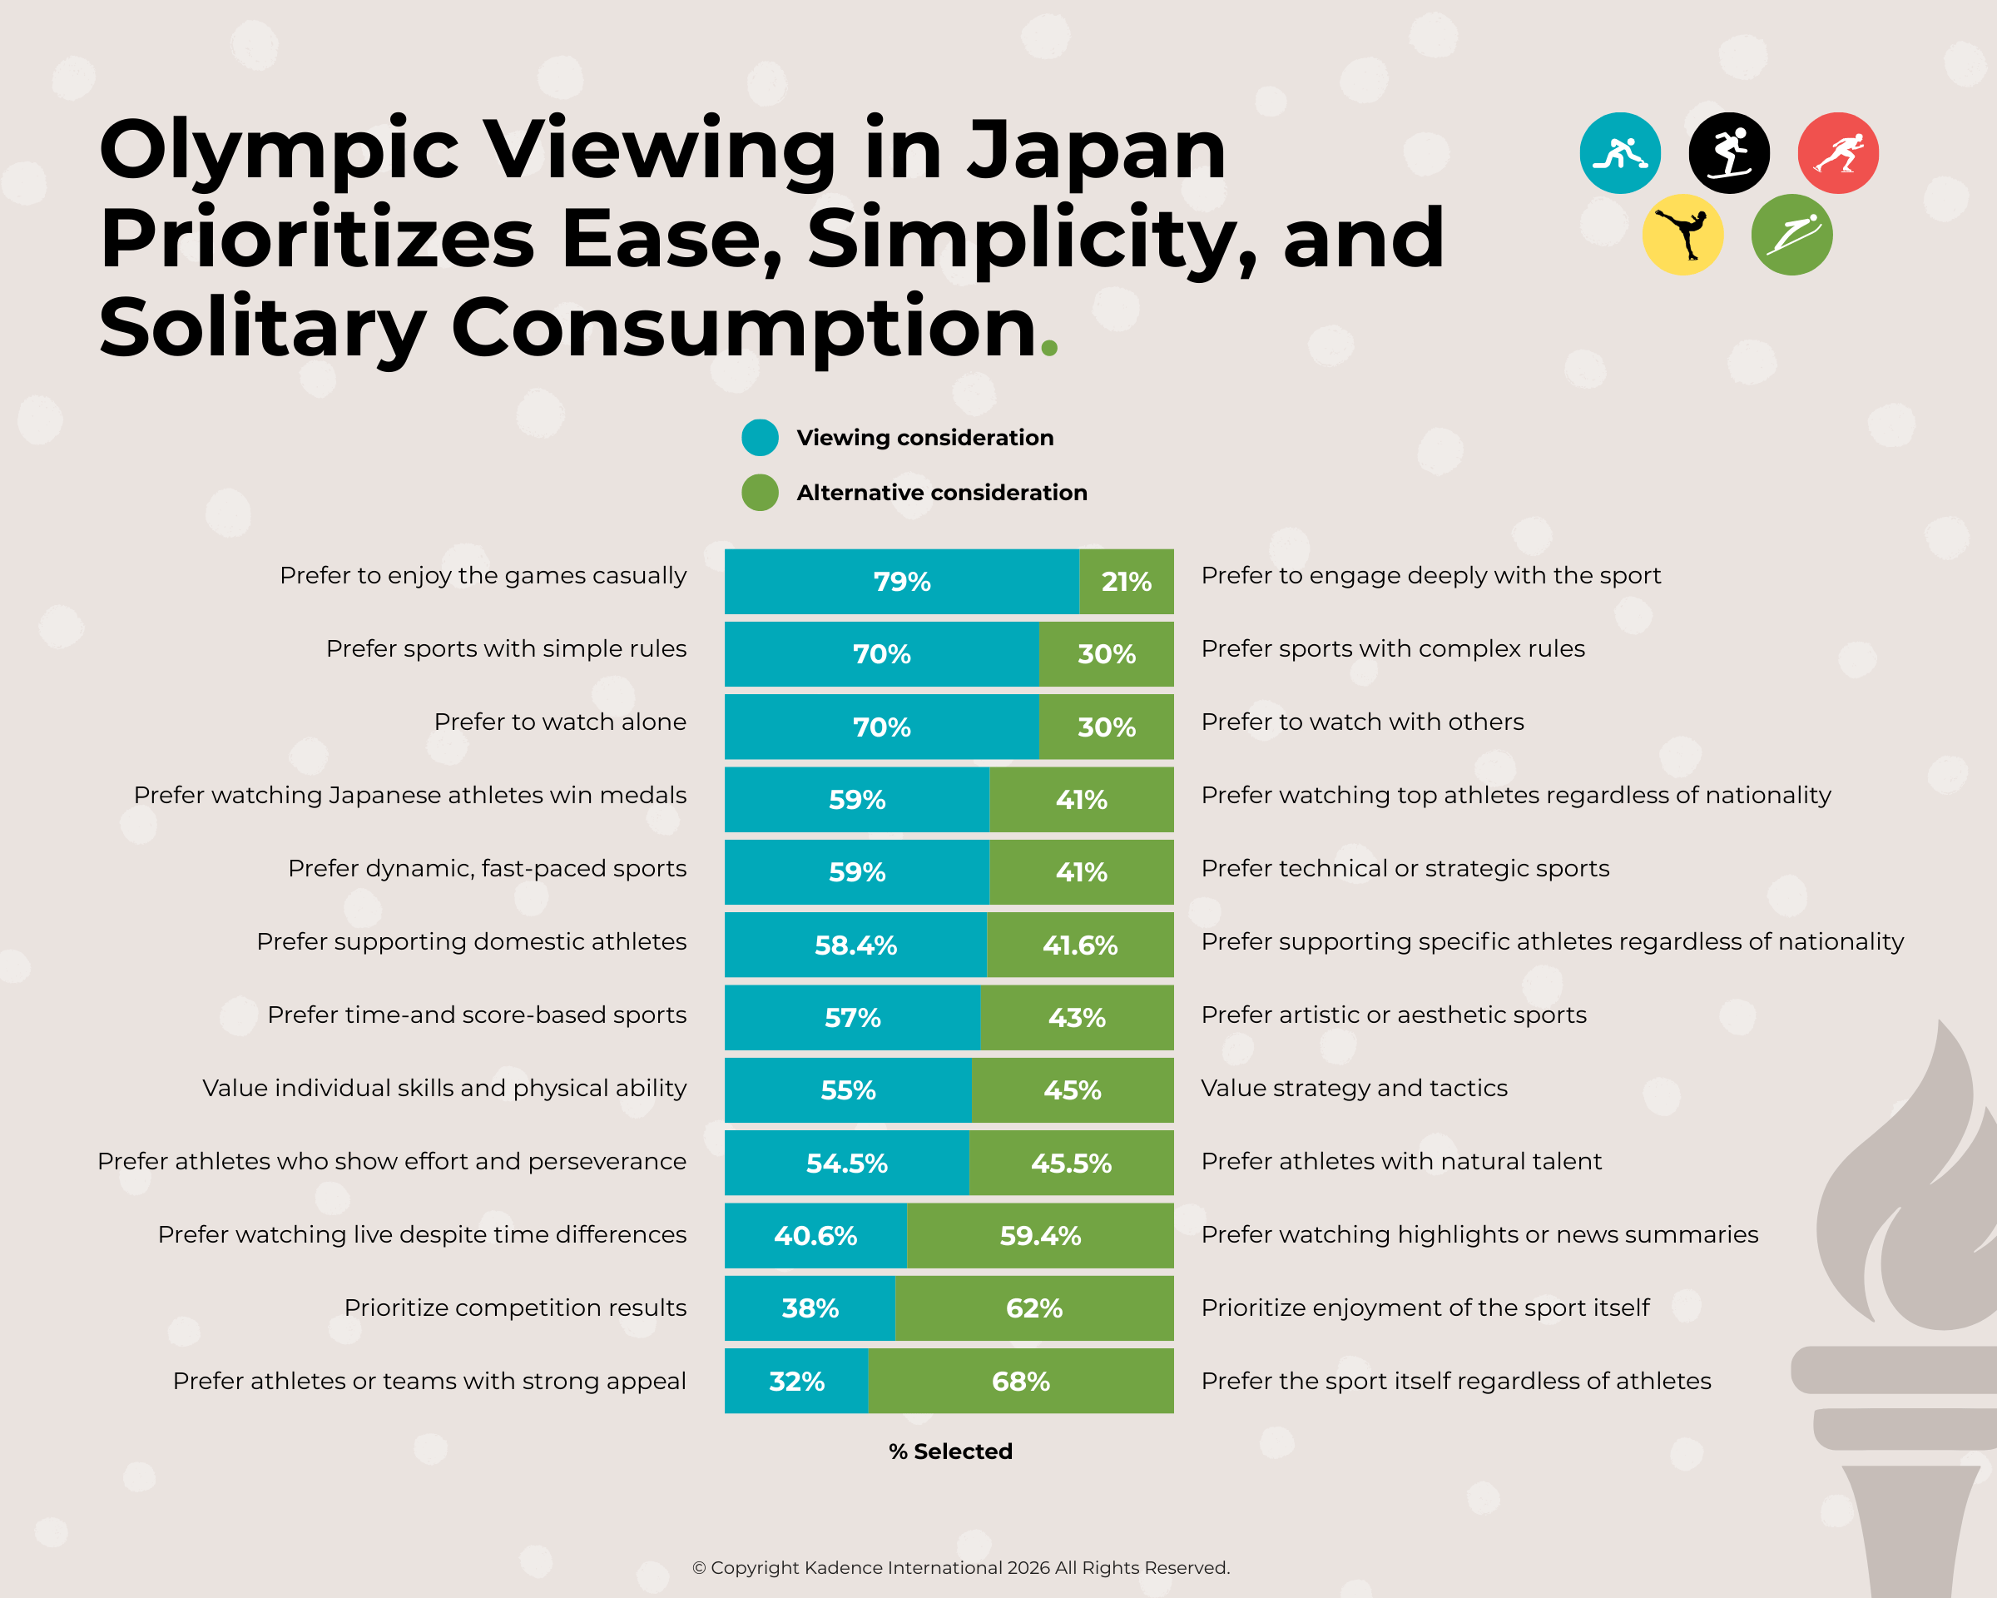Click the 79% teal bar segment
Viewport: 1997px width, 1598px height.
[900, 582]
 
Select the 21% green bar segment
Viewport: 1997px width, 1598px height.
[1126, 582]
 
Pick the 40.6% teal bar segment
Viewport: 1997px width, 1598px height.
[815, 1236]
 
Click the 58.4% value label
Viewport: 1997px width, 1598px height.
[855, 945]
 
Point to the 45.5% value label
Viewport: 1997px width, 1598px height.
[1071, 1164]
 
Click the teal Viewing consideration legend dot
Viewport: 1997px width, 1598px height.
[760, 437]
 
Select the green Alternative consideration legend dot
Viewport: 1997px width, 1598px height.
[760, 493]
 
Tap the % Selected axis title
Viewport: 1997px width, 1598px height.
[950, 1452]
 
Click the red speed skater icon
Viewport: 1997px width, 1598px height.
[1838, 153]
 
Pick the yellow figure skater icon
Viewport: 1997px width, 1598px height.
[1682, 235]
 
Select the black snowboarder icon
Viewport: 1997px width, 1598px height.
[1728, 153]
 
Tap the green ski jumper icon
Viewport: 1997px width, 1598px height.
[1791, 235]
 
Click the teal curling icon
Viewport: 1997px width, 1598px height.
[1619, 153]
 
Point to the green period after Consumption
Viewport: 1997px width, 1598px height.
[1048, 349]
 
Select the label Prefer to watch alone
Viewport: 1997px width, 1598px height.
[559, 722]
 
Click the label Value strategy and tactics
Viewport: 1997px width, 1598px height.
[1353, 1088]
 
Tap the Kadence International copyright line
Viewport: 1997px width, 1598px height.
[960, 1567]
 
